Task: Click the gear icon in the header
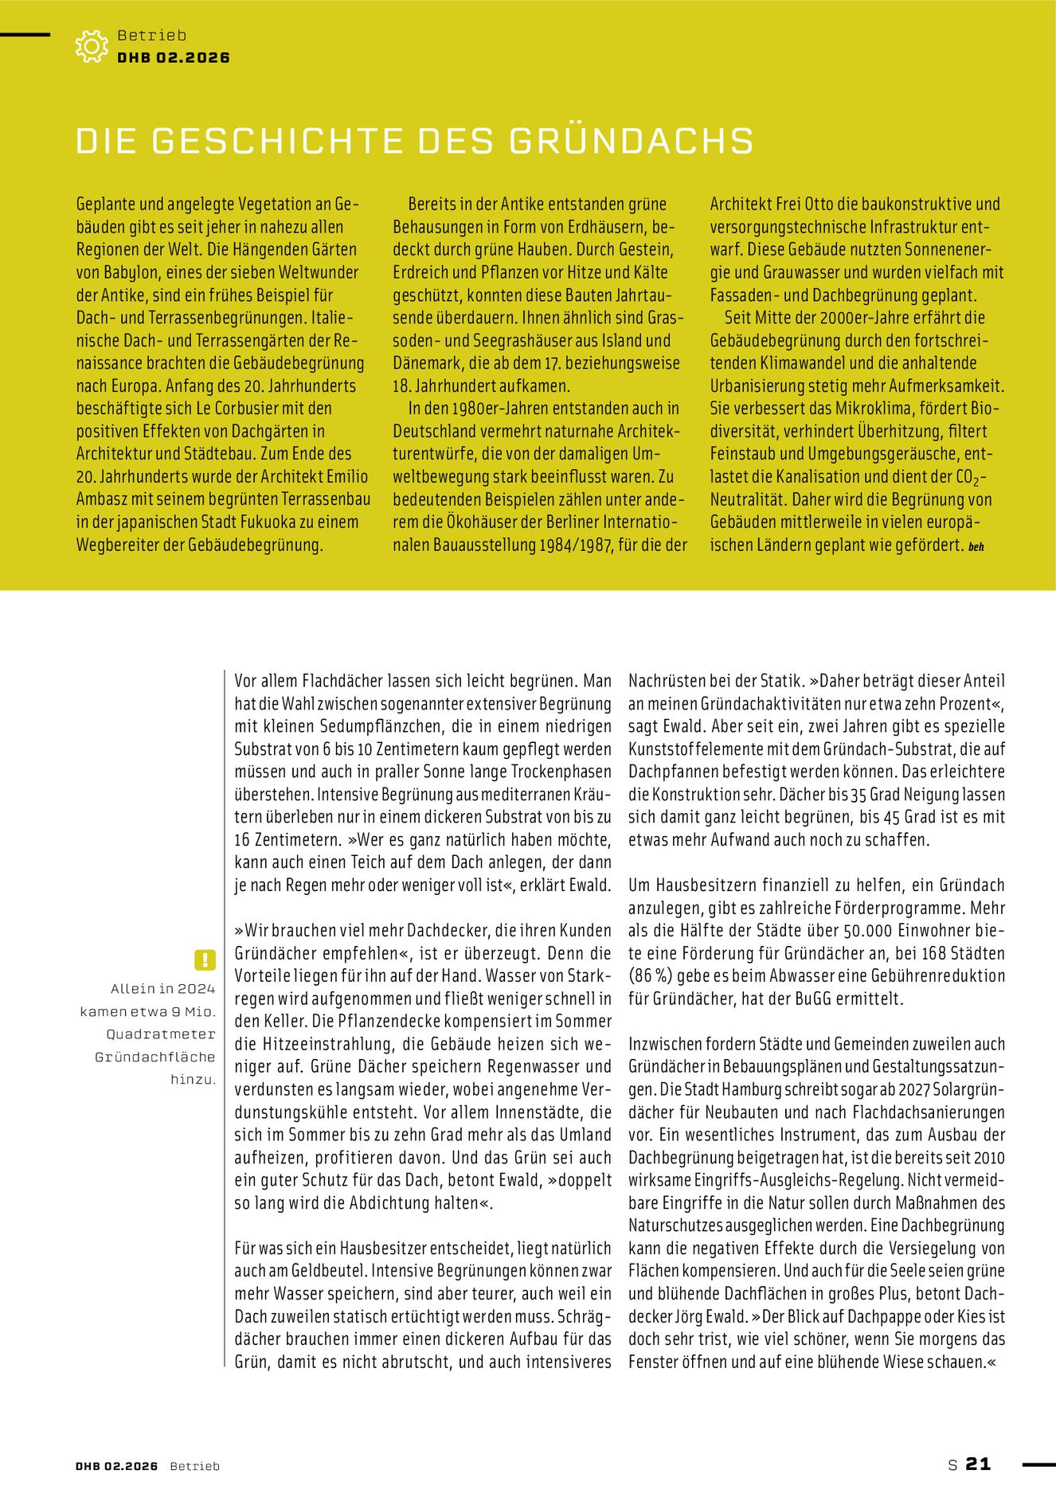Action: pyautogui.click(x=91, y=46)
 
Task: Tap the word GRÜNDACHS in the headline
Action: pyautogui.click(x=632, y=141)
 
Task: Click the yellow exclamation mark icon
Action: pyautogui.click(x=205, y=960)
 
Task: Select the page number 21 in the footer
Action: pyautogui.click(x=978, y=1464)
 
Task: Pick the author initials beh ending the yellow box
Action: pyautogui.click(x=976, y=547)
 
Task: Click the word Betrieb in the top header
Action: pyautogui.click(x=151, y=35)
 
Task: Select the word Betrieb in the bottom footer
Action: pyautogui.click(x=195, y=1466)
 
